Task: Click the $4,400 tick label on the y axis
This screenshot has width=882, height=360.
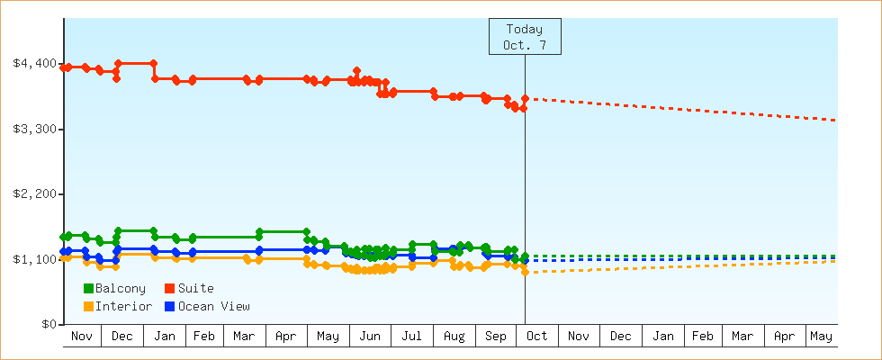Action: coord(34,64)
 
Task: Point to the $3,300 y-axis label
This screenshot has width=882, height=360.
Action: coord(34,130)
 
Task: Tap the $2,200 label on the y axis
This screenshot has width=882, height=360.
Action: coord(34,194)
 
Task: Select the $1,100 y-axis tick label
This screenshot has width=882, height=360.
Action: coord(34,260)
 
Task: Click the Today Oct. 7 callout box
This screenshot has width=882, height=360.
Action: coord(525,37)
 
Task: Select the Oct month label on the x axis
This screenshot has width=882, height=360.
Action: coord(536,337)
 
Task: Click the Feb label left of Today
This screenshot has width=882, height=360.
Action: coord(203,337)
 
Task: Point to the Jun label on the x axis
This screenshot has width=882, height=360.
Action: coord(370,337)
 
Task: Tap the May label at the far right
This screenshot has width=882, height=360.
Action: coord(821,337)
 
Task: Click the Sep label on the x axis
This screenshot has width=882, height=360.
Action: coord(496,337)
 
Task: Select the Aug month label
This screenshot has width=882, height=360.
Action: coord(454,337)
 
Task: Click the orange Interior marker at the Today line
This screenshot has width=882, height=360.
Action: coord(525,272)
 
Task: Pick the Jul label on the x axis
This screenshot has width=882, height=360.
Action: coord(411,337)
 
